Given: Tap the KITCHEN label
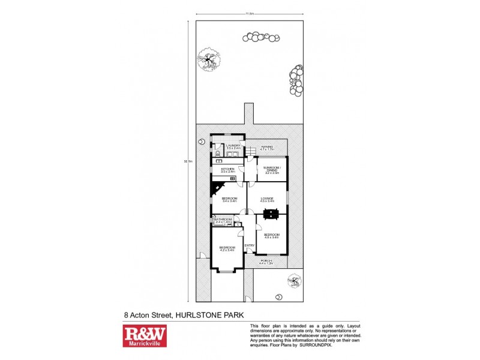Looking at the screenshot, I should (x=228, y=170).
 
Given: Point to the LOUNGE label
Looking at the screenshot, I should (x=268, y=199).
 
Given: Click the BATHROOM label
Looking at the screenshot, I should (x=224, y=220).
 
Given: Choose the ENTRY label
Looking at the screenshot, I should (x=250, y=245).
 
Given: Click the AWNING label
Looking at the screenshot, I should (x=267, y=146).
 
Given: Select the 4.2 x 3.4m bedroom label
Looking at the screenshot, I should (x=227, y=248).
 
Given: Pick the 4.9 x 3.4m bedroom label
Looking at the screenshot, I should (x=272, y=235).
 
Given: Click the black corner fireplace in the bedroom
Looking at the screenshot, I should (x=215, y=191).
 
